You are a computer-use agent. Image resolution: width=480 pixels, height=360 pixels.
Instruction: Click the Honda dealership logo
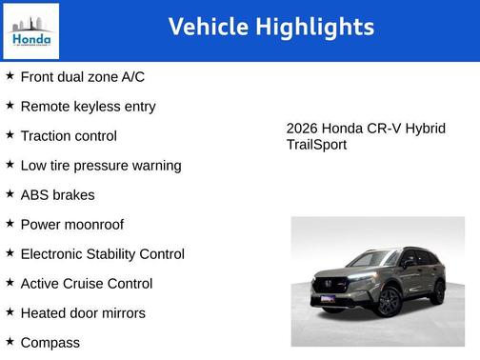(30, 30)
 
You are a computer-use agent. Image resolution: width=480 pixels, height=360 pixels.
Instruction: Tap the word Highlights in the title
(316, 27)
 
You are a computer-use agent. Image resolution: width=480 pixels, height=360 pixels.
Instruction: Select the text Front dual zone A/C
(82, 77)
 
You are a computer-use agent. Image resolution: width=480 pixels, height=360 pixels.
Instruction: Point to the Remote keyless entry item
(88, 107)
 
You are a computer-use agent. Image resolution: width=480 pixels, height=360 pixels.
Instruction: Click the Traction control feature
(69, 136)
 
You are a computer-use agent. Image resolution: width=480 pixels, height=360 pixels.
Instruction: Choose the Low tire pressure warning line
(100, 166)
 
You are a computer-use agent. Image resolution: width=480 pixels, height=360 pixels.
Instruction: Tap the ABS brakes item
(57, 195)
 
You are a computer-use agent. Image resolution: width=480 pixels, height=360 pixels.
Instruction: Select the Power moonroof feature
(71, 225)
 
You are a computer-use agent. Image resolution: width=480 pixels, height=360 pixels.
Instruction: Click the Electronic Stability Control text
(102, 254)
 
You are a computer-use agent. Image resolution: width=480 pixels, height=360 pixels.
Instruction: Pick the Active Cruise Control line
(86, 284)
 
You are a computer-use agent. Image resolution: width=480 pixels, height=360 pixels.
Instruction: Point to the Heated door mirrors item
(83, 313)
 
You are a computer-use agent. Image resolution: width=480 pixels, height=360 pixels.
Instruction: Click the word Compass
(50, 343)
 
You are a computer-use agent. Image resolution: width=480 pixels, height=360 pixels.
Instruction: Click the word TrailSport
(316, 145)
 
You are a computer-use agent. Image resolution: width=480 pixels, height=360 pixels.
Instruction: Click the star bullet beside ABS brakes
(10, 194)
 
